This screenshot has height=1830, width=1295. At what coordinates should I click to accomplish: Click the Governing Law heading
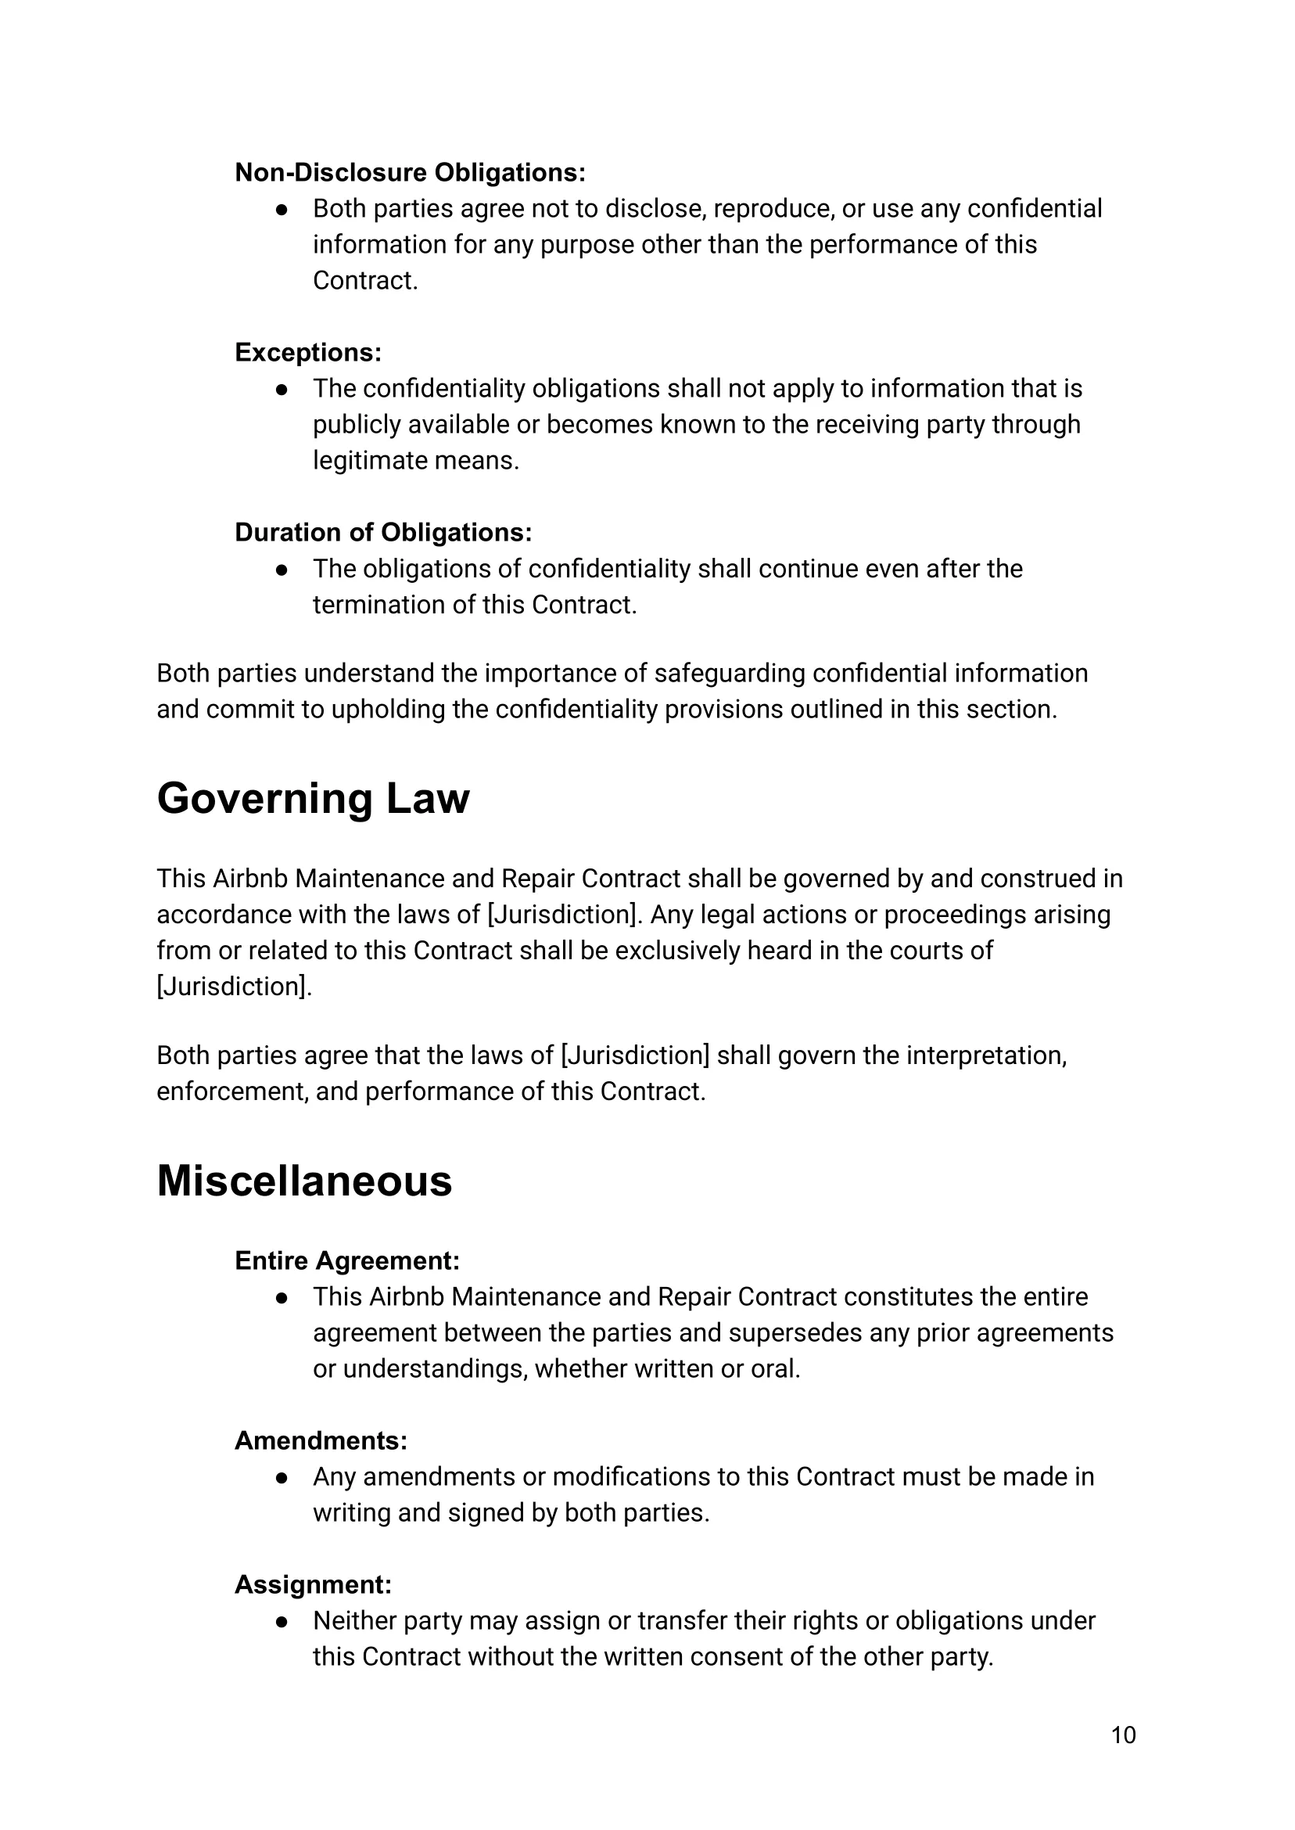tap(313, 799)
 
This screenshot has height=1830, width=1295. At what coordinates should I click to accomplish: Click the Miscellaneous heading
tap(304, 1181)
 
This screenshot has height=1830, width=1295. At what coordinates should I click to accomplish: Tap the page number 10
tap(1123, 1735)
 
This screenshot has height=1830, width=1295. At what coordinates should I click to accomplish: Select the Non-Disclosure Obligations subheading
tap(410, 172)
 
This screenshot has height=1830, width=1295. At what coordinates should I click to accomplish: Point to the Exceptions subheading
tap(308, 353)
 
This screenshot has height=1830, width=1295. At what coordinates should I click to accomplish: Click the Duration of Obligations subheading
tap(382, 532)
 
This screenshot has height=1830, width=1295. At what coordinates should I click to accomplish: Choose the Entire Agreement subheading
tap(347, 1260)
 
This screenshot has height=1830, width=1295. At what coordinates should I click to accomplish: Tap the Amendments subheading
tap(321, 1440)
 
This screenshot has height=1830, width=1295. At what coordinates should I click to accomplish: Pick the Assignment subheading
tap(313, 1584)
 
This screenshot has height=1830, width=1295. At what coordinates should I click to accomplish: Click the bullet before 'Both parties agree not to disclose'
tap(282, 210)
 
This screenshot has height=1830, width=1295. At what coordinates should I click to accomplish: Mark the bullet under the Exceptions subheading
tap(282, 390)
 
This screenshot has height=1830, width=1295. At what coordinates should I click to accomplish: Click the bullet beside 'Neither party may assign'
tap(282, 1622)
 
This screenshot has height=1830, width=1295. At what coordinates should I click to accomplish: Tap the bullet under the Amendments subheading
tap(282, 1478)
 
